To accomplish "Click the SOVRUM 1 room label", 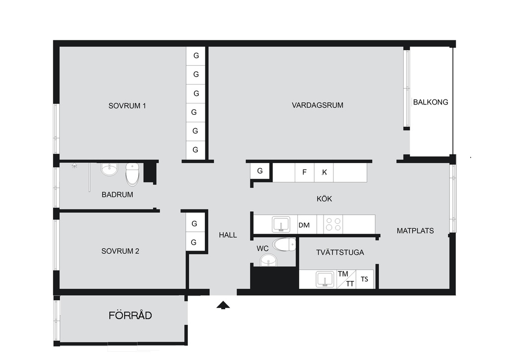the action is [127, 106].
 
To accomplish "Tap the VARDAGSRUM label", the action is [318, 105].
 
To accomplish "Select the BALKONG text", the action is [430, 102].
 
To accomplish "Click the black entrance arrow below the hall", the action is [223, 305].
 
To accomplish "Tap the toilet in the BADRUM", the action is [132, 175].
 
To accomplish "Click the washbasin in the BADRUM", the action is [109, 169].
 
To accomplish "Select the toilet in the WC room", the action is [284, 245].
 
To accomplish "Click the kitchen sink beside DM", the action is [281, 224].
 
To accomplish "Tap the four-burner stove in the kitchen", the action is [334, 224].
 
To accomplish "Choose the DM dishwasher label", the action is [304, 225].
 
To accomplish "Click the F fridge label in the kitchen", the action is [304, 172].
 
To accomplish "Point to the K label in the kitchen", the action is [324, 173].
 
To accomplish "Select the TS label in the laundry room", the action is [364, 279].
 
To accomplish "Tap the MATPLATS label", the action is [415, 231].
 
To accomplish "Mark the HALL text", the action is [228, 235].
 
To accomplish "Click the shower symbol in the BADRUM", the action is [75, 166].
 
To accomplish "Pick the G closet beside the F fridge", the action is [259, 171].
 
